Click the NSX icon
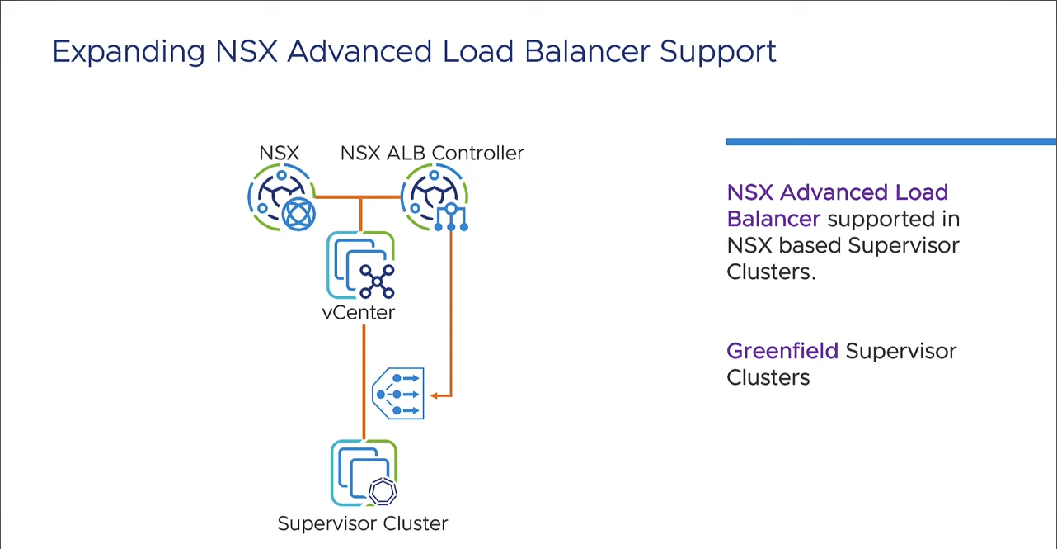pyautogui.click(x=280, y=199)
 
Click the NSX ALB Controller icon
pyautogui.click(x=435, y=199)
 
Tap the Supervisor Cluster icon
pyautogui.click(x=364, y=473)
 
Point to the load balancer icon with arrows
pyautogui.click(x=398, y=395)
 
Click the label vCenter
pyautogui.click(x=359, y=313)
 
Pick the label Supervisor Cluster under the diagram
pyautogui.click(x=363, y=523)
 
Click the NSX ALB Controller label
pyautogui.click(x=432, y=153)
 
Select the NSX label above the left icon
pyautogui.click(x=280, y=153)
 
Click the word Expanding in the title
pyautogui.click(x=129, y=52)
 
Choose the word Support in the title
pyautogui.click(x=718, y=52)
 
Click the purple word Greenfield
pyautogui.click(x=782, y=351)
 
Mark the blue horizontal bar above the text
pyautogui.click(x=890, y=142)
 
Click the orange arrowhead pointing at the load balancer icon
pyautogui.click(x=435, y=395)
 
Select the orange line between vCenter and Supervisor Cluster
pyautogui.click(x=363, y=380)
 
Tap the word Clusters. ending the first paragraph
pyautogui.click(x=771, y=272)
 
